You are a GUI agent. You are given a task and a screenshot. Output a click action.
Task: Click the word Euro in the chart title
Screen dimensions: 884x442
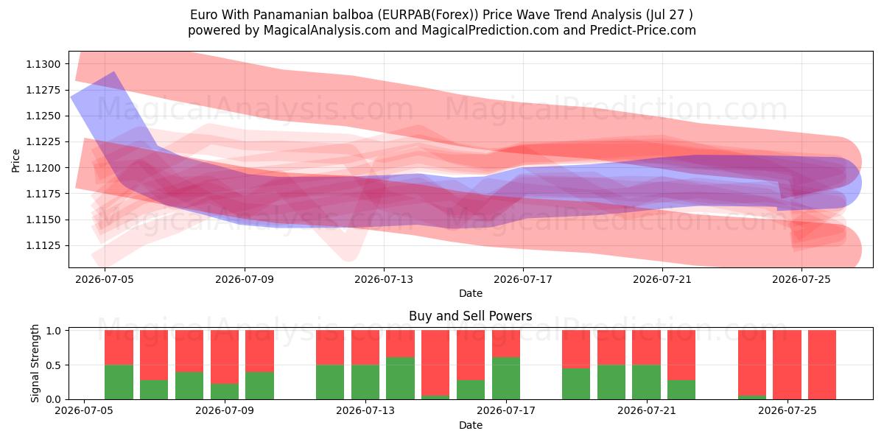pos(204,15)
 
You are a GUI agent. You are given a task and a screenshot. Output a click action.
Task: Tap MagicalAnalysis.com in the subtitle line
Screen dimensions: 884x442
pos(327,30)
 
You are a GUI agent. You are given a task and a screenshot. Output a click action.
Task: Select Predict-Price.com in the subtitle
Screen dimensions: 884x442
pos(643,30)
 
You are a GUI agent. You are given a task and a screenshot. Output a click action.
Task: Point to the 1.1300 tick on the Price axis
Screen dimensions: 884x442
pos(43,64)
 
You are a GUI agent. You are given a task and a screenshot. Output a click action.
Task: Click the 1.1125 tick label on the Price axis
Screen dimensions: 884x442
pos(43,245)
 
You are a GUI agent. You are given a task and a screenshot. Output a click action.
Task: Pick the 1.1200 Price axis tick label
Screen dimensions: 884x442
pos(43,168)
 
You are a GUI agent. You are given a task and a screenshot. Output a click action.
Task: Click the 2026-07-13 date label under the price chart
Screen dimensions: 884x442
pos(384,279)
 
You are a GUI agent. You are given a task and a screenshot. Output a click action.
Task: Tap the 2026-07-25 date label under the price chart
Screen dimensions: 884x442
pos(801,279)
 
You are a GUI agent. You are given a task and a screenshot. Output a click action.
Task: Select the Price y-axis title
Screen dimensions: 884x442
pos(15,161)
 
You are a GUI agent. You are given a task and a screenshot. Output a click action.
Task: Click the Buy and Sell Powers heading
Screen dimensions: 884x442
pos(471,316)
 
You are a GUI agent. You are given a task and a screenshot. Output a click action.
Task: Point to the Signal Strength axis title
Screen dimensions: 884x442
pos(35,363)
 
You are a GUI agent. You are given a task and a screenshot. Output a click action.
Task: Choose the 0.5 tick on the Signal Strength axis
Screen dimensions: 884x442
pos(54,365)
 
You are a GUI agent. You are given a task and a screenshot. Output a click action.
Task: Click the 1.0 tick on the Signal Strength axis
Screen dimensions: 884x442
pos(54,331)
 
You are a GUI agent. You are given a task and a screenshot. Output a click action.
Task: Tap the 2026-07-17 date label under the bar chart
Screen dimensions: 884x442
pos(506,410)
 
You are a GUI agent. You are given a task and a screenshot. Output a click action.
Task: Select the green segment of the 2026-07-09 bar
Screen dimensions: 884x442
pos(225,391)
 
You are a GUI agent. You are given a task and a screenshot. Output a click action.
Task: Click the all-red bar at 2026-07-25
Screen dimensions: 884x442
pos(787,365)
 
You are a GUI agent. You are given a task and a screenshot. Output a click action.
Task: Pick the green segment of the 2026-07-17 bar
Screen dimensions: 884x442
pos(506,379)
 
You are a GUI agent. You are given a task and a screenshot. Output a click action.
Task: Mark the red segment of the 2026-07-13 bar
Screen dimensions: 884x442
pos(365,348)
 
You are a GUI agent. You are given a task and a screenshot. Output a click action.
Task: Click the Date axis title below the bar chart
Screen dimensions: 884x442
pos(471,425)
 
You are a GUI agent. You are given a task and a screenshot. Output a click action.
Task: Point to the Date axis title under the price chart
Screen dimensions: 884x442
pos(471,293)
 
